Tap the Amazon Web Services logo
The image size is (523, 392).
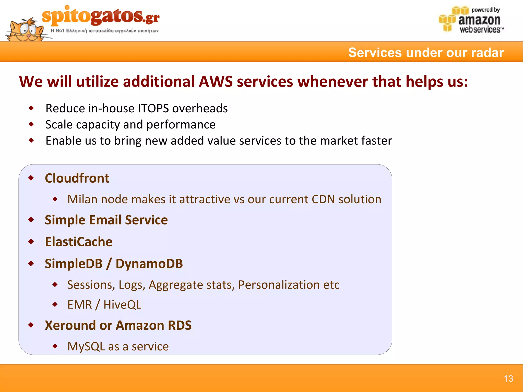coord(471,20)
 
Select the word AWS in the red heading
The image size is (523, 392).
coord(216,81)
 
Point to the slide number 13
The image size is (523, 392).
coord(508,378)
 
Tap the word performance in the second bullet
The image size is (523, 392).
coord(181,125)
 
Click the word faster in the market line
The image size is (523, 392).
coord(376,141)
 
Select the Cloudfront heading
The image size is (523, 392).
coord(77,178)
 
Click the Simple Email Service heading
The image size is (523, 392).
coord(106,220)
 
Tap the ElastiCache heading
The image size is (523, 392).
coord(79,242)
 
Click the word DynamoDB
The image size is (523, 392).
coord(149,264)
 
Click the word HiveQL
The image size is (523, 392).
coord(122,305)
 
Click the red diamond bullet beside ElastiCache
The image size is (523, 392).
coord(31,242)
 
